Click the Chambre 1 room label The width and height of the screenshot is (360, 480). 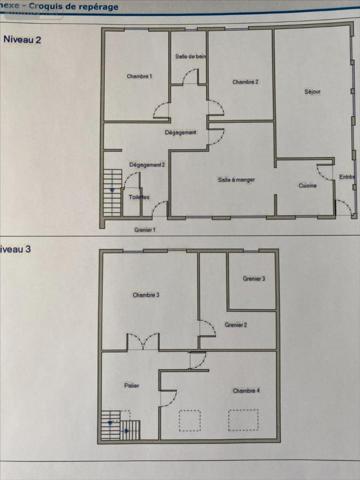(x=138, y=77)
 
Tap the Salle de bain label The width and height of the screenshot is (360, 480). (x=188, y=57)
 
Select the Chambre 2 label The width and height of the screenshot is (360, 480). (x=245, y=82)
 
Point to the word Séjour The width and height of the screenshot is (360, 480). (x=311, y=92)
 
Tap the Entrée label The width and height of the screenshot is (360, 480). (x=346, y=177)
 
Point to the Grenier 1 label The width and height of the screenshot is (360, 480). (x=145, y=229)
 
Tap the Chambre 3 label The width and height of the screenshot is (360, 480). (x=146, y=295)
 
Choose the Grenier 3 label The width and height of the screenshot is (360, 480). (x=253, y=279)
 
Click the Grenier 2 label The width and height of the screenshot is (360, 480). (x=236, y=325)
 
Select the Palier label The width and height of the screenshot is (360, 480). (x=130, y=384)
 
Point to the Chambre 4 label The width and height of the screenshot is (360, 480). (x=246, y=390)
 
